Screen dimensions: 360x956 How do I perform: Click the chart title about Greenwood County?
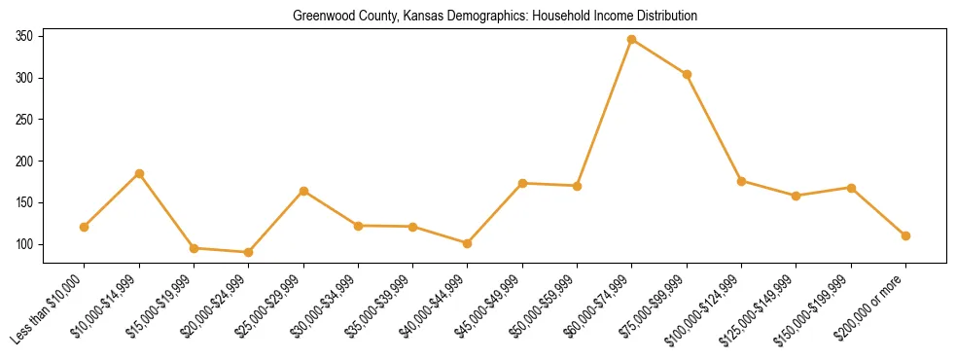click(495, 17)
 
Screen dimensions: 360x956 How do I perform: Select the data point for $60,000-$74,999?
click(632, 40)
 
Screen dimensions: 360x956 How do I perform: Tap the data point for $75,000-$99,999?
click(687, 74)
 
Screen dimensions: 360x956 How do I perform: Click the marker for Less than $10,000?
click(85, 227)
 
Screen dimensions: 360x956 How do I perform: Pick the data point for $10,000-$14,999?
click(139, 173)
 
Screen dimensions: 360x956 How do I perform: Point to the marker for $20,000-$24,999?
click(249, 252)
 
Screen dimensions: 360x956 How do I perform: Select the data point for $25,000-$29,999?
click(303, 191)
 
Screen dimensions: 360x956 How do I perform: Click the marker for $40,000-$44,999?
click(468, 243)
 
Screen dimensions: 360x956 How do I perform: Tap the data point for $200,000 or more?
click(905, 235)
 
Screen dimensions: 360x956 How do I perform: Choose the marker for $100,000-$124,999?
click(741, 181)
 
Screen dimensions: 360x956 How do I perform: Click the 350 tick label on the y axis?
click(24, 36)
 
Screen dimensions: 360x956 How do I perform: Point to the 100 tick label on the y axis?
click(24, 244)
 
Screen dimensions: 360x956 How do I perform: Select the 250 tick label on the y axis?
click(24, 120)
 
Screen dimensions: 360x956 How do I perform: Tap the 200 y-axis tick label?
click(24, 162)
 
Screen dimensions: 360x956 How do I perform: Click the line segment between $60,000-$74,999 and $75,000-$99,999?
click(659, 56)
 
